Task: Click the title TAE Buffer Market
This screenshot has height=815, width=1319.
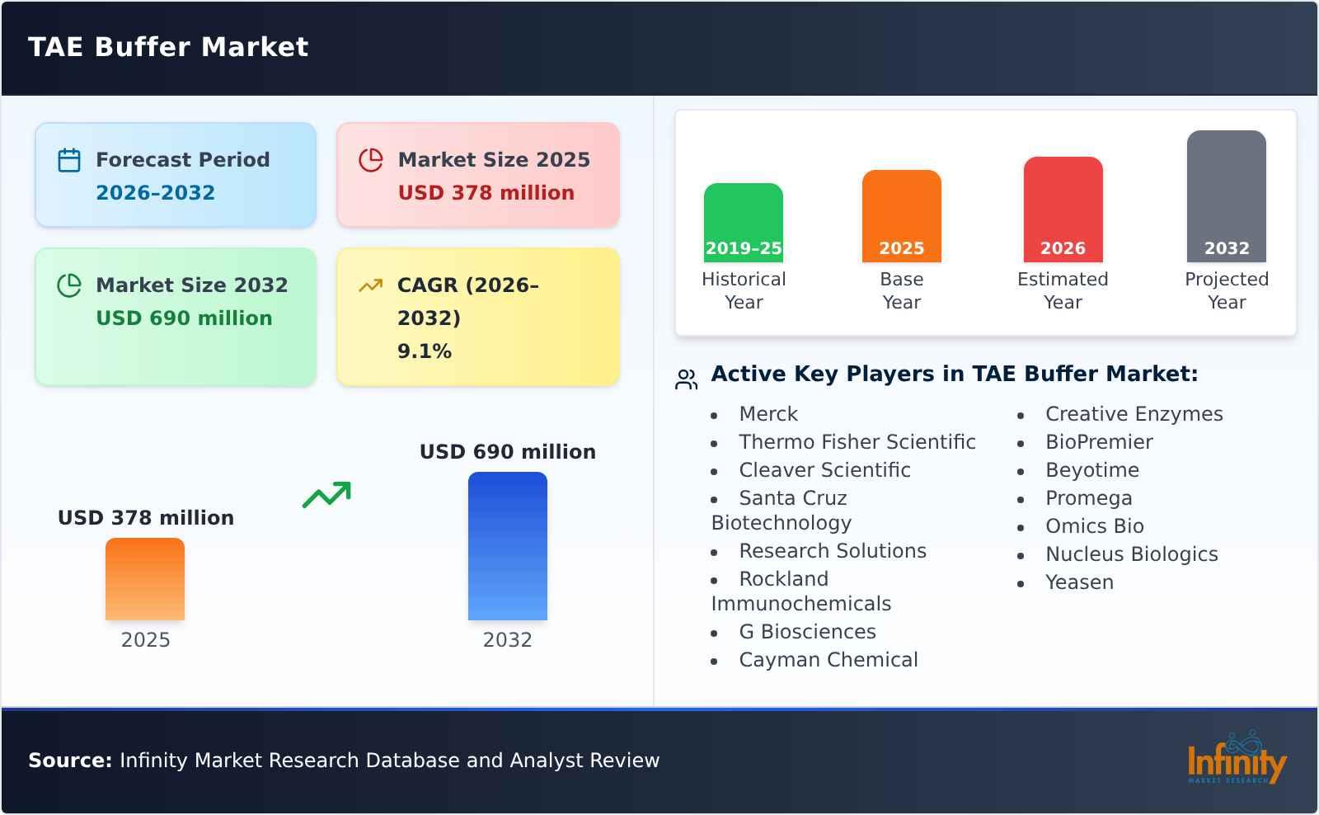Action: click(x=168, y=47)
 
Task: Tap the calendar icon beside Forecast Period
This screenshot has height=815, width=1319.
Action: click(x=69, y=160)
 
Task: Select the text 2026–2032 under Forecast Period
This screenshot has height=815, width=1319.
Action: click(x=155, y=193)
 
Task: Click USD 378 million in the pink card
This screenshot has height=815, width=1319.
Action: click(x=486, y=193)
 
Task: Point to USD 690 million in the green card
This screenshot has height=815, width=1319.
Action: click(x=184, y=318)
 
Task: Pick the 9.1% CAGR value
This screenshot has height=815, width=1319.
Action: click(x=424, y=351)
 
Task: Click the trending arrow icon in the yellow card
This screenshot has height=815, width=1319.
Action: click(x=370, y=285)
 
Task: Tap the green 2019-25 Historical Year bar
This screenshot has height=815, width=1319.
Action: click(x=743, y=222)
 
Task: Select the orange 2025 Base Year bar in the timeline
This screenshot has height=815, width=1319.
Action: click(x=901, y=215)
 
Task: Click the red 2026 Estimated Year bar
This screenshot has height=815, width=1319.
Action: click(x=1063, y=209)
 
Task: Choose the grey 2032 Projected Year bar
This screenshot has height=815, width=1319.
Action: click(x=1226, y=196)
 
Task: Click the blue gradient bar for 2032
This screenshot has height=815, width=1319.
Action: click(x=507, y=545)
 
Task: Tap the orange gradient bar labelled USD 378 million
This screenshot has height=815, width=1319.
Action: click(x=145, y=578)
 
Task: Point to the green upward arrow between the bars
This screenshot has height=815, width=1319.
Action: click(x=326, y=495)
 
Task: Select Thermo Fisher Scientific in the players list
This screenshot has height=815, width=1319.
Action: click(x=857, y=442)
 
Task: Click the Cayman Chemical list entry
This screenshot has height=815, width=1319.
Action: click(x=828, y=660)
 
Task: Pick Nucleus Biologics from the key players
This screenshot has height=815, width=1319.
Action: click(x=1131, y=554)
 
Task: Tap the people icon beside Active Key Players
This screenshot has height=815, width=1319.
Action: click(x=686, y=379)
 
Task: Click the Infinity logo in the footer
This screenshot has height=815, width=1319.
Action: click(x=1236, y=759)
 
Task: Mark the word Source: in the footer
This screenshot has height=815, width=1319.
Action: click(x=70, y=761)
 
